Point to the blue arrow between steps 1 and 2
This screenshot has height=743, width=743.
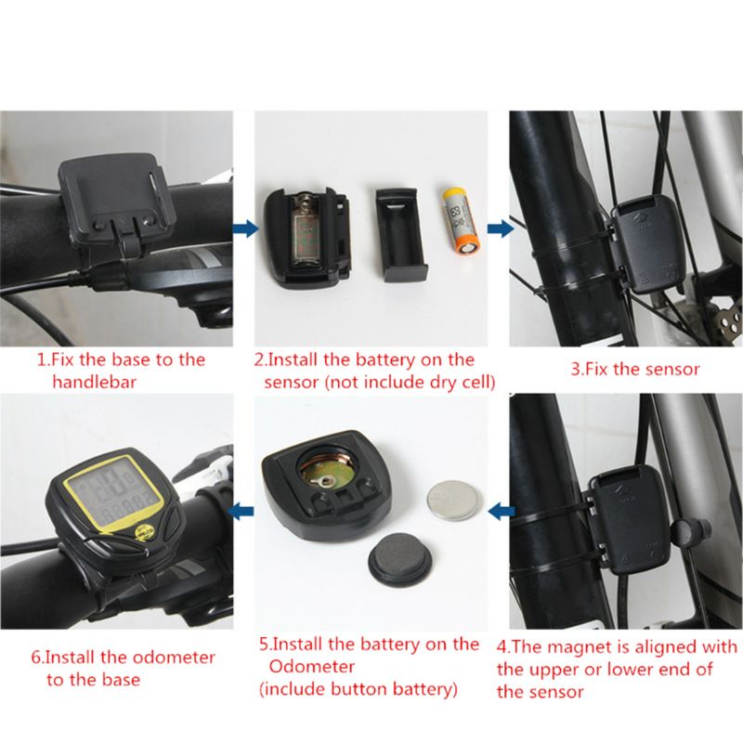(242, 228)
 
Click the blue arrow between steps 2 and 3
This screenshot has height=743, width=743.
(500, 228)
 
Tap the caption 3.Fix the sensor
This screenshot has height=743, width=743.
(634, 369)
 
